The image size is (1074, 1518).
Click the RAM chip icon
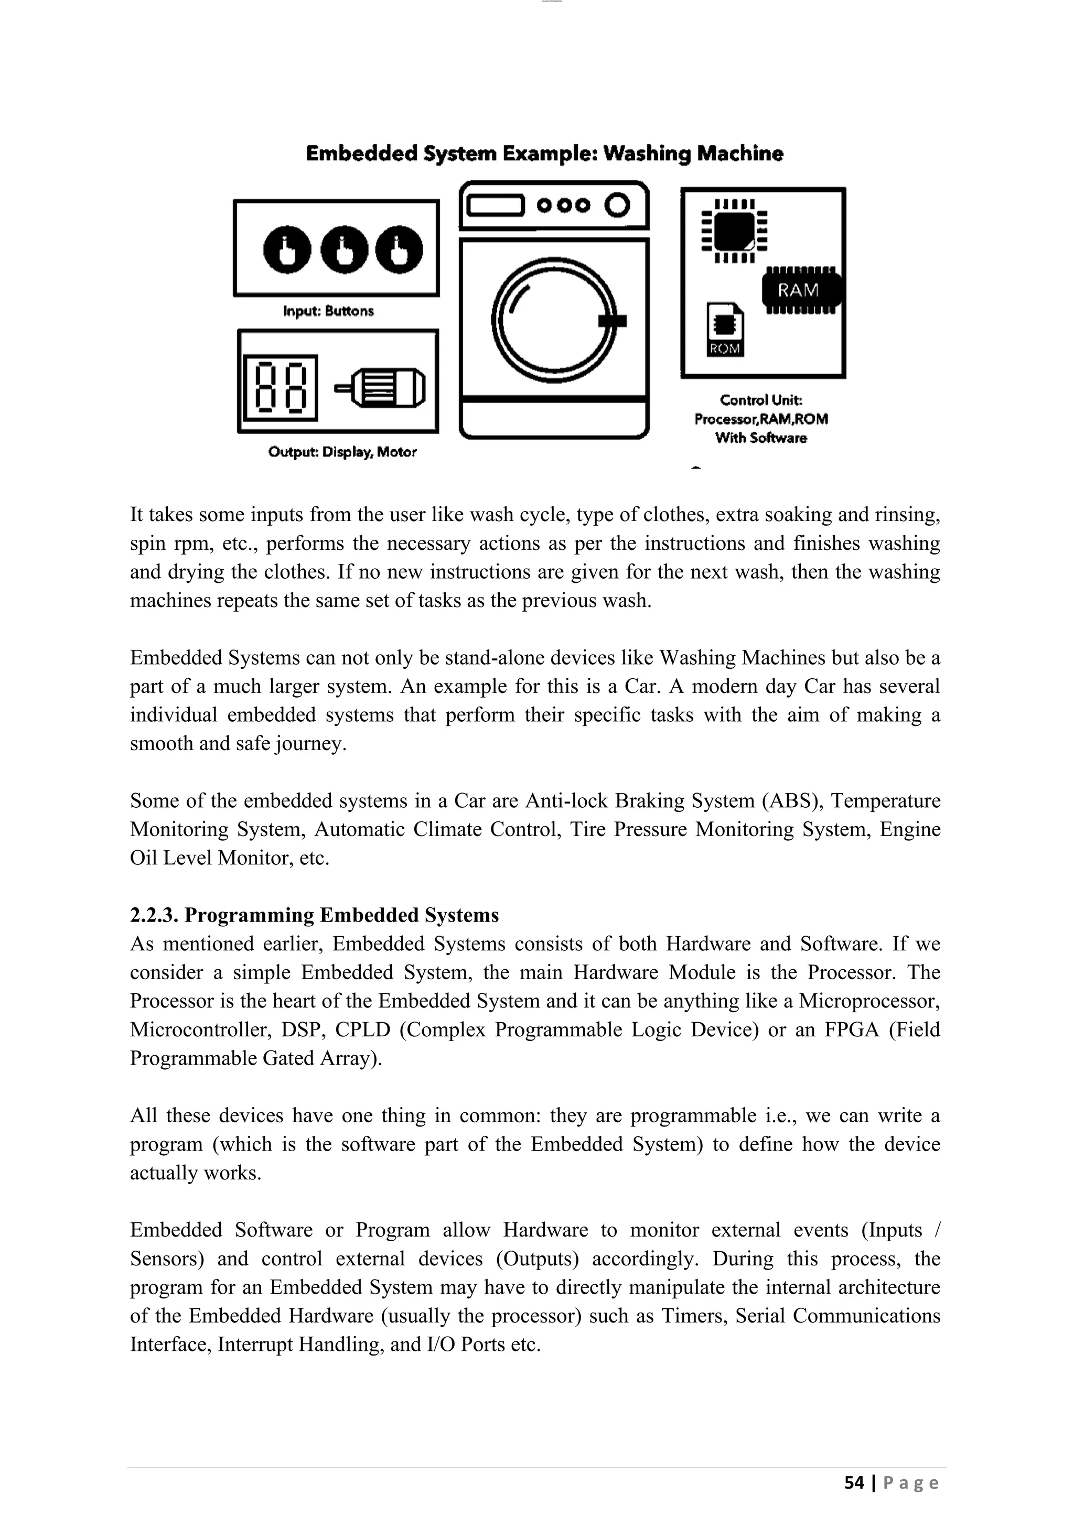pos(801,290)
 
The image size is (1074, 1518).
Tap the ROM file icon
pos(725,329)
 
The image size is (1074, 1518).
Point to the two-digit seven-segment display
pos(281,387)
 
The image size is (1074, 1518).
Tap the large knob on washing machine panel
pos(617,205)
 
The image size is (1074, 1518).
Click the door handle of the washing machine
pos(612,321)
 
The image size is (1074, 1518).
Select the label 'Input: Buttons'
pos(328,311)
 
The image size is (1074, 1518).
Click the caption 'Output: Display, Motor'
pos(342,452)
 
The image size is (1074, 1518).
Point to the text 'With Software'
pos(760,438)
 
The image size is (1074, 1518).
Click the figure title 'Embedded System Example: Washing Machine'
pos(544,154)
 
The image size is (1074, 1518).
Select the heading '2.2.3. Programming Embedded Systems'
pos(314,915)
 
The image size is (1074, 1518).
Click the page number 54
pos(854,1482)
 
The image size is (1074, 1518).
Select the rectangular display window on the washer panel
pos(495,205)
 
